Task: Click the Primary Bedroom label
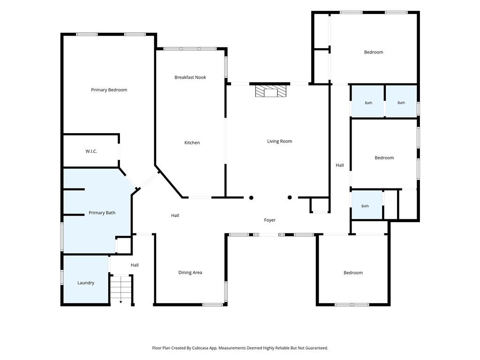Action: click(x=109, y=90)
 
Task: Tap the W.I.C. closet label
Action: click(x=91, y=151)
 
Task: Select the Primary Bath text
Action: click(x=102, y=213)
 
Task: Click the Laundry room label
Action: click(x=86, y=283)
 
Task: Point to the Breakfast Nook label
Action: click(x=190, y=77)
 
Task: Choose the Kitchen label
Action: click(x=192, y=142)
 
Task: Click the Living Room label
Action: click(x=279, y=141)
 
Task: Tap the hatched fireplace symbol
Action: click(x=271, y=91)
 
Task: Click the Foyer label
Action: click(x=270, y=220)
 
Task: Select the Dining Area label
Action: click(x=190, y=272)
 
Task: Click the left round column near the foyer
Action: click(x=251, y=198)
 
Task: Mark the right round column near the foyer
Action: click(x=290, y=197)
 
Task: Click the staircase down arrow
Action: click(x=120, y=302)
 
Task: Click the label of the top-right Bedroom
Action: click(x=374, y=52)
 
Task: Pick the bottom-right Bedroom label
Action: click(x=353, y=273)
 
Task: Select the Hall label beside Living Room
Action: click(x=340, y=165)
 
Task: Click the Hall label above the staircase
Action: click(x=135, y=265)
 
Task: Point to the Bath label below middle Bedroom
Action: click(x=365, y=206)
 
